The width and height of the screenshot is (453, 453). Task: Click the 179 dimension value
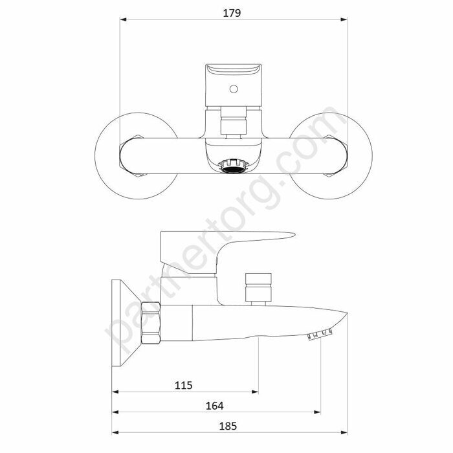click(x=232, y=14)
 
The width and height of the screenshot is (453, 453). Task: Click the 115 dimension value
click(x=183, y=386)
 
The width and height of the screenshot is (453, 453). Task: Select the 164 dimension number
click(x=214, y=406)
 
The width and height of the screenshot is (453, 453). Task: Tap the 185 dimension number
click(x=228, y=426)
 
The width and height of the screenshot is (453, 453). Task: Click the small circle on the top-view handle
click(x=234, y=89)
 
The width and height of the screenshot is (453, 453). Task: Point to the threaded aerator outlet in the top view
click(x=234, y=167)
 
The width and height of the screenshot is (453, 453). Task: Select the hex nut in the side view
click(x=151, y=323)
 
